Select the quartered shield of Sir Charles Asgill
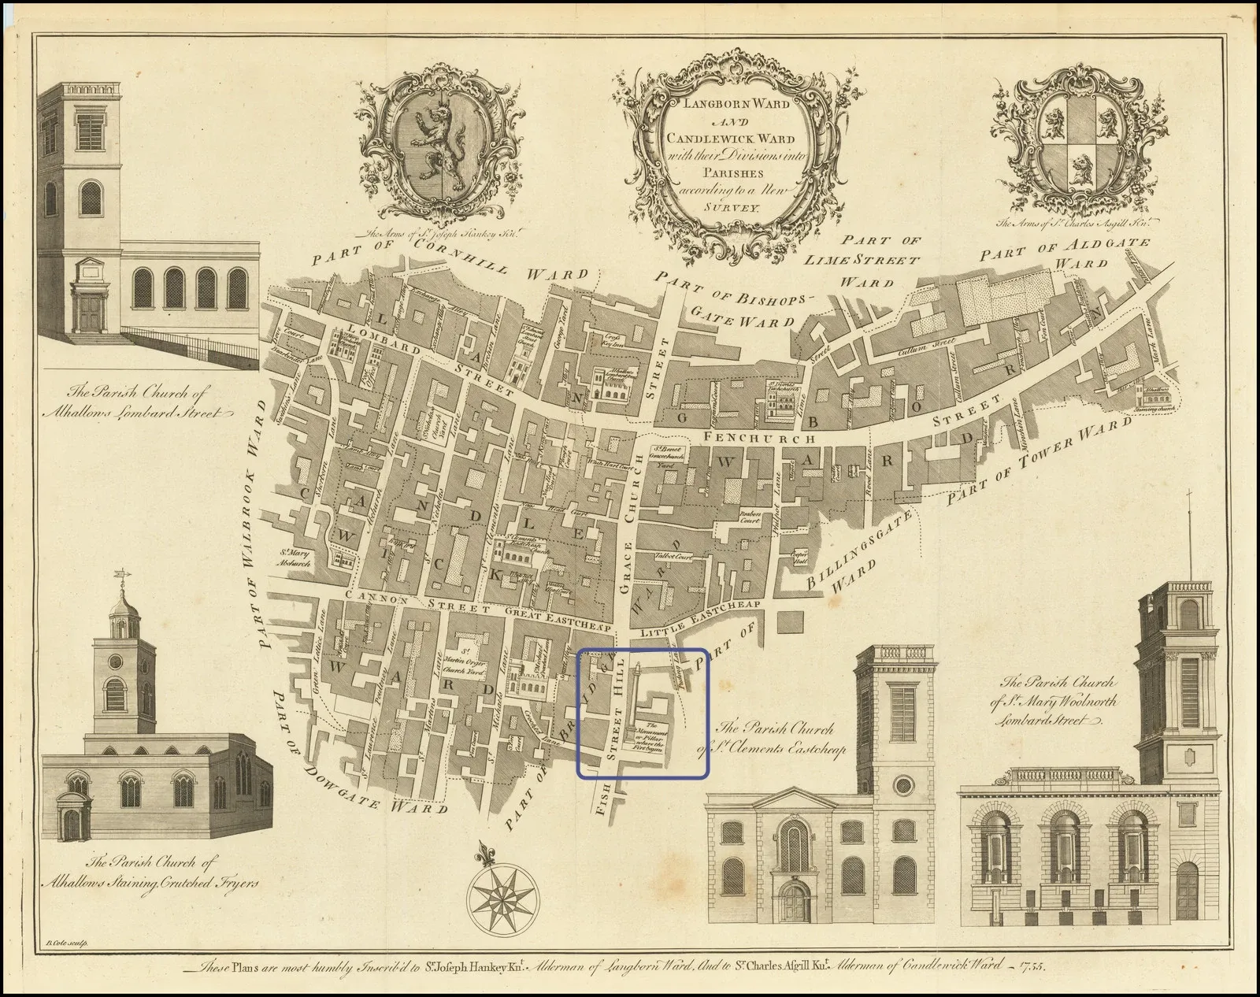(1077, 146)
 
